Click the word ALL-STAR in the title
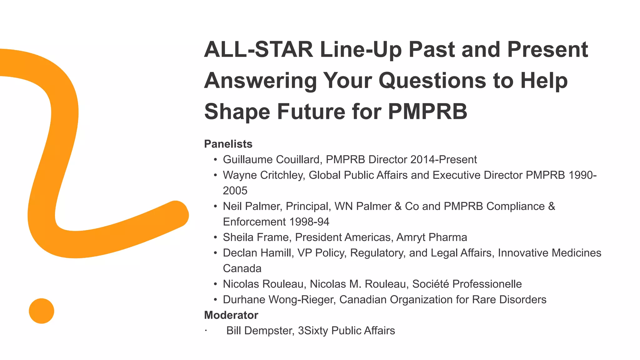click(258, 50)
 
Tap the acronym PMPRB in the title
click(427, 112)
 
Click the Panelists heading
click(228, 144)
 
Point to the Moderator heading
click(231, 315)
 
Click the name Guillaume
click(247, 160)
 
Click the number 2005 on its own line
click(235, 191)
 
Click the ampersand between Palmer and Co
click(398, 206)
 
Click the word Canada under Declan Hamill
click(242, 268)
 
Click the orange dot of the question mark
click(42, 311)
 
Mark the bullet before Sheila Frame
click(215, 237)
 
